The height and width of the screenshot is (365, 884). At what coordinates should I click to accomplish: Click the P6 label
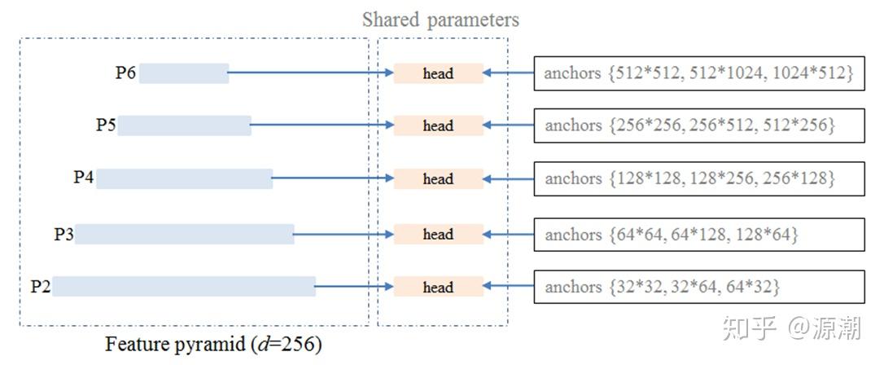125,73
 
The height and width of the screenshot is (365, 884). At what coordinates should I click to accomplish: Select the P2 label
41,287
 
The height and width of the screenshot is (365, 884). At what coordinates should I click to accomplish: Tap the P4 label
84,178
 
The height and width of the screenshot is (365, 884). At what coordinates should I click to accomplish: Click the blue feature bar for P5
184,125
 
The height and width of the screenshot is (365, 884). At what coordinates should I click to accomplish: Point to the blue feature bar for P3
184,234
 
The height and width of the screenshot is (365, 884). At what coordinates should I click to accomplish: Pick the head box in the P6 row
438,73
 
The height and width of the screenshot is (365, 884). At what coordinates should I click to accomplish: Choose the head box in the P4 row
438,179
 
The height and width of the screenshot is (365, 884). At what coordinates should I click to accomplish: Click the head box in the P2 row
438,287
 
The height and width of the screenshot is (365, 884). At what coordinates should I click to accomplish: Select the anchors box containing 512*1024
699,73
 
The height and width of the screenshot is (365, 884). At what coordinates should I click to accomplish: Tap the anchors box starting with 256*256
699,126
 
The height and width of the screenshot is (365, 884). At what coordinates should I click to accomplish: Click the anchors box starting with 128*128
699,178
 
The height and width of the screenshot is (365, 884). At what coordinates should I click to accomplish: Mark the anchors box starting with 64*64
699,235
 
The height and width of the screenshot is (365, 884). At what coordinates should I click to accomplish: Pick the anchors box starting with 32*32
699,287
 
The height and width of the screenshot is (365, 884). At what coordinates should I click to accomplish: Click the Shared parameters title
440,19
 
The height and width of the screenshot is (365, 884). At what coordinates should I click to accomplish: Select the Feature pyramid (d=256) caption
213,345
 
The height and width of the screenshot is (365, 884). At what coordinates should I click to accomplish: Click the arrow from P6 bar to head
309,73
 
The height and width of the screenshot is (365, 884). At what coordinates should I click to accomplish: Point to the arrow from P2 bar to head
353,287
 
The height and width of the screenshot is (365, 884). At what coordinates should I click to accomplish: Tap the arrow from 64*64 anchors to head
508,235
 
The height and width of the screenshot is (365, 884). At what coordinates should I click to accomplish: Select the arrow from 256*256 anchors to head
508,126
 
